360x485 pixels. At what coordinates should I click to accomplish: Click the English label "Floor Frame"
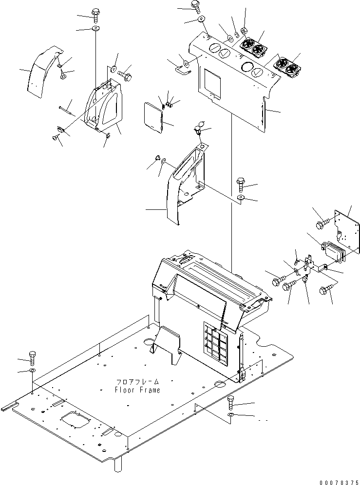tap(137, 390)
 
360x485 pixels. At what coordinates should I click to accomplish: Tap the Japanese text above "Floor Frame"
tap(137, 382)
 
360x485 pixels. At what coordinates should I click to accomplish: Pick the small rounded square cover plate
tap(153, 117)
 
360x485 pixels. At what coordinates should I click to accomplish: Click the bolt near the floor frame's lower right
tap(231, 403)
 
